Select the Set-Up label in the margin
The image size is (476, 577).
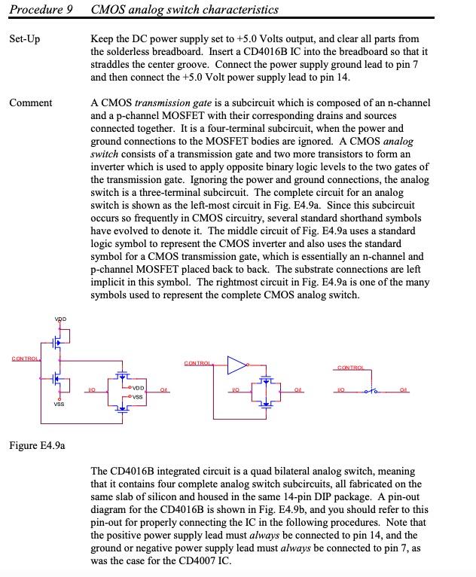pyautogui.click(x=24, y=38)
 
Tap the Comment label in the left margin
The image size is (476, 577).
pyautogui.click(x=30, y=102)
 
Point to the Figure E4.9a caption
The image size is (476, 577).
pyautogui.click(x=37, y=445)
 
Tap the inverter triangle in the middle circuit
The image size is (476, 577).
pyautogui.click(x=237, y=366)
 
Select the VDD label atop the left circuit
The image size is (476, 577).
pyautogui.click(x=59, y=319)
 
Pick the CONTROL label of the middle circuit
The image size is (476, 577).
pyautogui.click(x=197, y=363)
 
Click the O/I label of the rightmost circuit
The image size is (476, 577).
pyautogui.click(x=404, y=389)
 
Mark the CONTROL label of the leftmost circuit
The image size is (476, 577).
pyautogui.click(x=25, y=358)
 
